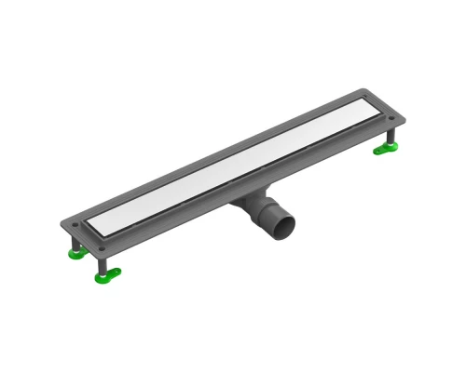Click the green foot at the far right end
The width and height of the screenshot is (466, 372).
point(386,150)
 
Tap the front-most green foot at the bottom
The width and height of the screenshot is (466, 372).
point(106,273)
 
